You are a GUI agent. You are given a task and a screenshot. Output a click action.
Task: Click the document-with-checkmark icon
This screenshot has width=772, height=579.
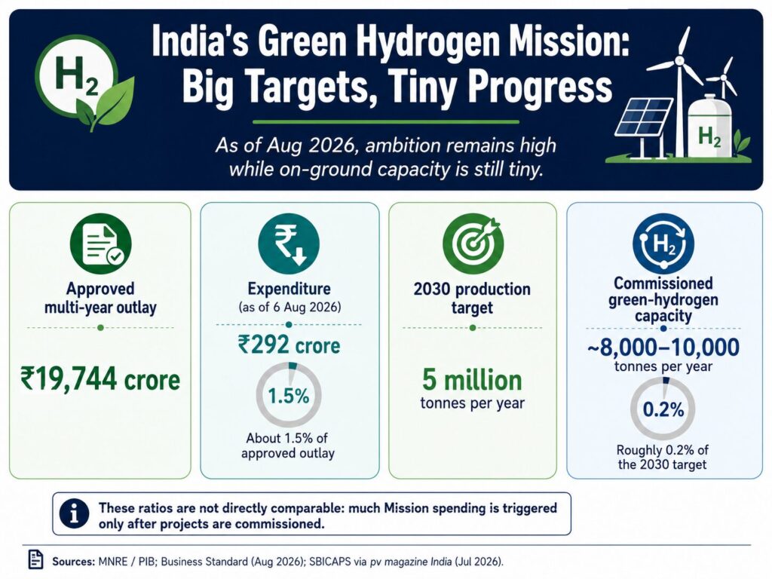click(100, 244)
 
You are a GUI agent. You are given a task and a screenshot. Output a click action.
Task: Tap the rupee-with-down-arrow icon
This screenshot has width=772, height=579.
click(289, 244)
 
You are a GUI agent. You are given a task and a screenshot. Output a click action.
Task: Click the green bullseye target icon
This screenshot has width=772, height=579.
click(473, 244)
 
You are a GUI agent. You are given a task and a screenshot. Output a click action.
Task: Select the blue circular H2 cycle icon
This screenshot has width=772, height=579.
click(663, 244)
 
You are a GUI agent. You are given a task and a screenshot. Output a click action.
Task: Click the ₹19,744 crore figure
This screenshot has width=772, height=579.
click(100, 379)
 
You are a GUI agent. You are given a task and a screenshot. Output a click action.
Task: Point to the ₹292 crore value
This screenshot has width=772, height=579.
click(289, 345)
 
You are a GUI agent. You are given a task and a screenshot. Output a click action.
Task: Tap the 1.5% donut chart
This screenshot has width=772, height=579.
click(289, 395)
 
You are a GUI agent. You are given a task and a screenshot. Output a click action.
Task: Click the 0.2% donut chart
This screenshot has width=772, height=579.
click(663, 409)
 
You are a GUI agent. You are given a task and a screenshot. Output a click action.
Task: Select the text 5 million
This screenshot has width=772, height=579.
click(472, 380)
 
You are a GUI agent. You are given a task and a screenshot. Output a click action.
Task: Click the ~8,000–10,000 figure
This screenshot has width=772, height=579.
click(663, 347)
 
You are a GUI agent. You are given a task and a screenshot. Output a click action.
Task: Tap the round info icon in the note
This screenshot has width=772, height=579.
click(75, 514)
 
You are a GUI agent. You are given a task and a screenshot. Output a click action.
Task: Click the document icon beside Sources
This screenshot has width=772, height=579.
click(35, 559)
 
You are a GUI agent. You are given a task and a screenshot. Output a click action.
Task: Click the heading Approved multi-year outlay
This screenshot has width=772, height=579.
click(100, 298)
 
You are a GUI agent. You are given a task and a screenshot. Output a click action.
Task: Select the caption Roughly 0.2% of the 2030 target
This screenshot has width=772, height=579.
click(663, 457)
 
